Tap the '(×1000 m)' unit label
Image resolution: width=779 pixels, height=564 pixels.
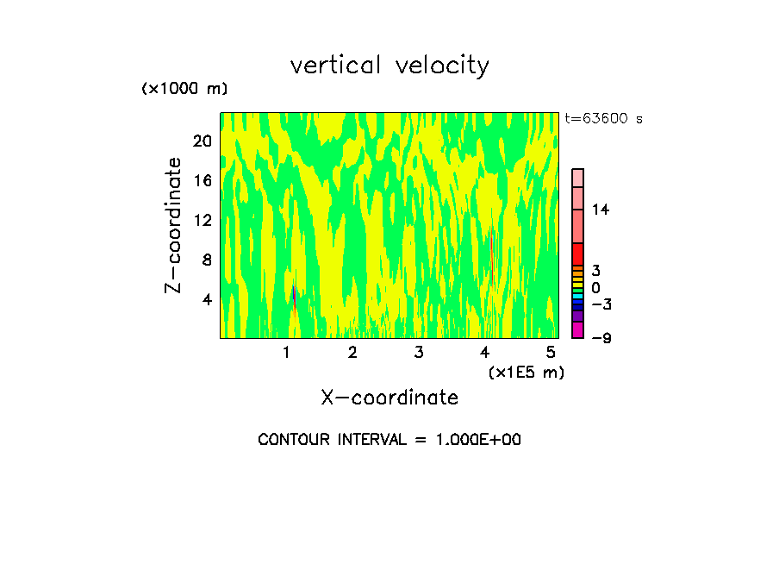pyautogui.click(x=184, y=89)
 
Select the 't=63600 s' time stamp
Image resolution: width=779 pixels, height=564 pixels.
pyautogui.click(x=603, y=119)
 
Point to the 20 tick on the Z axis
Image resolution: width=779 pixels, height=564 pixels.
pyautogui.click(x=201, y=141)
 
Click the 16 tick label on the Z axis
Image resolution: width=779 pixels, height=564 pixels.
pyautogui.click(x=201, y=180)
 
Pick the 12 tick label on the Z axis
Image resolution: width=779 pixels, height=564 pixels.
pyautogui.click(x=201, y=220)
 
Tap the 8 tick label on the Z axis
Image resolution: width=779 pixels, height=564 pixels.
pyautogui.click(x=205, y=260)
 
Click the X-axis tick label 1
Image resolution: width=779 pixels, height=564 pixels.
pyautogui.click(x=286, y=353)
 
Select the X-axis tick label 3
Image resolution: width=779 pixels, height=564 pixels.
pyautogui.click(x=419, y=353)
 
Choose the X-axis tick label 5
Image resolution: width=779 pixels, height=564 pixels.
pyautogui.click(x=551, y=353)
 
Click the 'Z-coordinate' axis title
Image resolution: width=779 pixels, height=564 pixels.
pyautogui.click(x=174, y=225)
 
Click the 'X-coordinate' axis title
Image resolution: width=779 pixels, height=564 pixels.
pyautogui.click(x=389, y=398)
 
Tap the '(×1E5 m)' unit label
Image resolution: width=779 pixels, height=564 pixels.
pyautogui.click(x=526, y=372)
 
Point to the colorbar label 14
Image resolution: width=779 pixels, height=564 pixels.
pyautogui.click(x=601, y=210)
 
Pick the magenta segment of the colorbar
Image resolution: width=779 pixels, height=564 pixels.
pyautogui.click(x=578, y=329)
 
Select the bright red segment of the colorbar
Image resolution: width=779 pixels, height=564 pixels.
pyautogui.click(x=578, y=254)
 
